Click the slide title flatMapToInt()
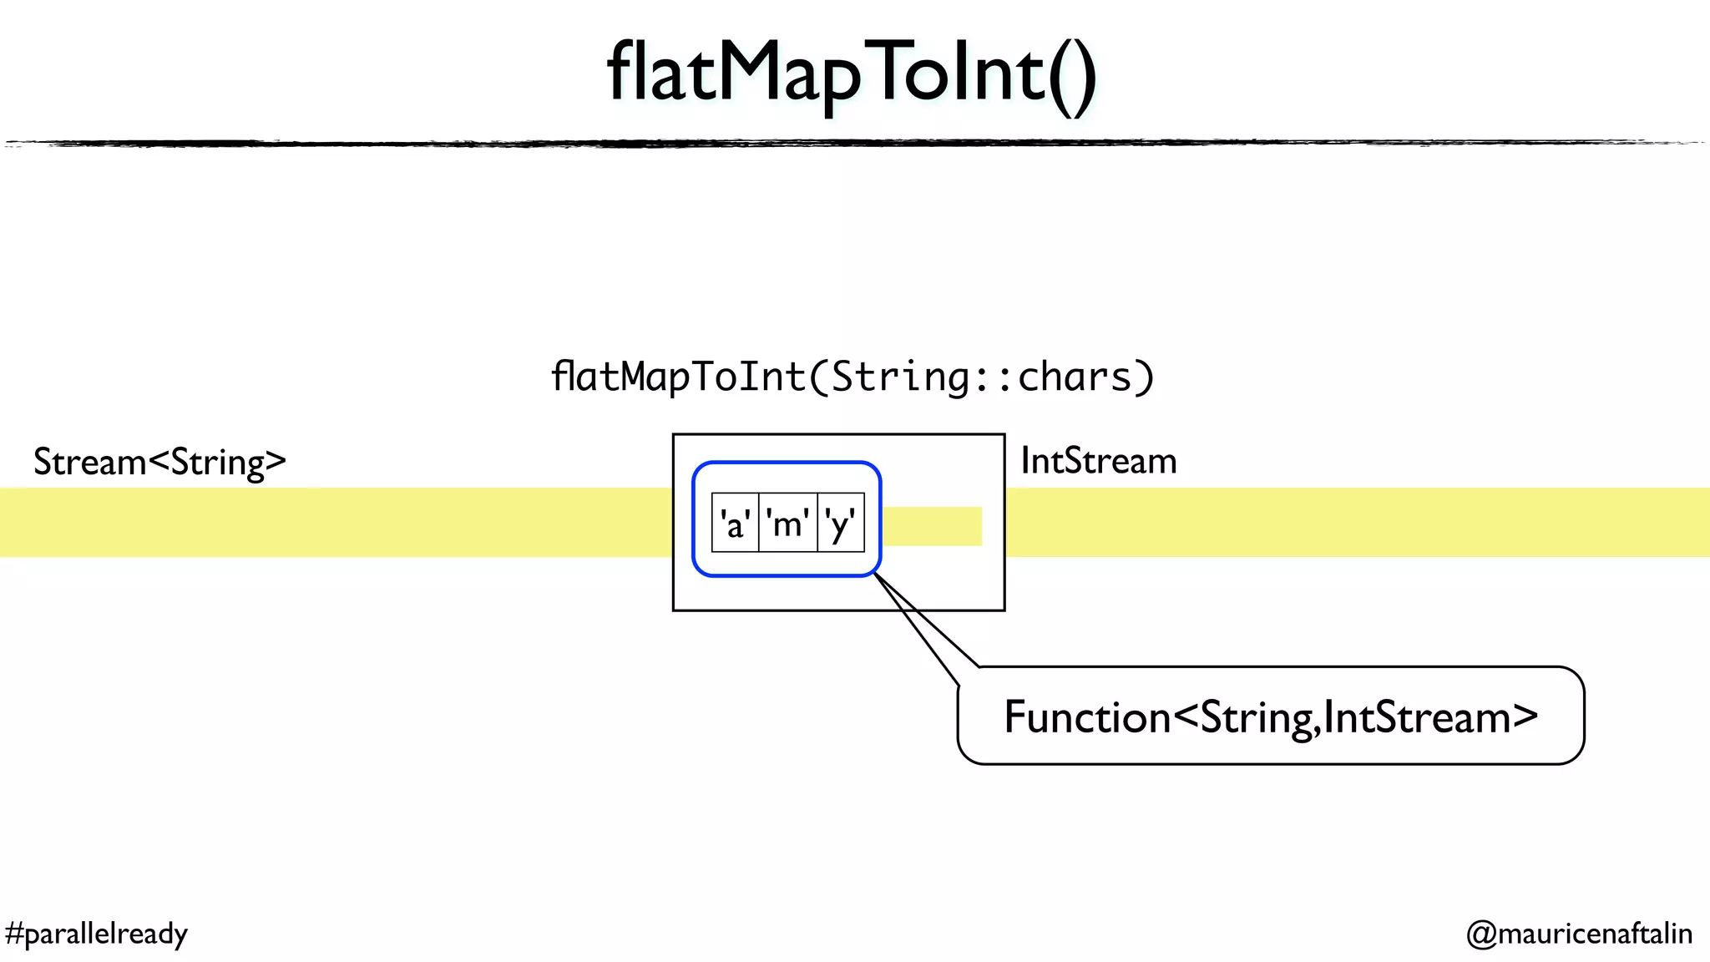coord(852,75)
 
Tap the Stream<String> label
coord(159,463)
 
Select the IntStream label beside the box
coord(1098,461)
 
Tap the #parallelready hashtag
coord(96,934)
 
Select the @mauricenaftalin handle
coord(1579,934)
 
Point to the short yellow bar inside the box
coord(932,526)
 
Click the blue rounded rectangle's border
coord(787,463)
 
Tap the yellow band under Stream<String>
coord(334,523)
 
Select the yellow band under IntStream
coord(1353,523)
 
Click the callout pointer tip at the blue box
coord(876,575)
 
